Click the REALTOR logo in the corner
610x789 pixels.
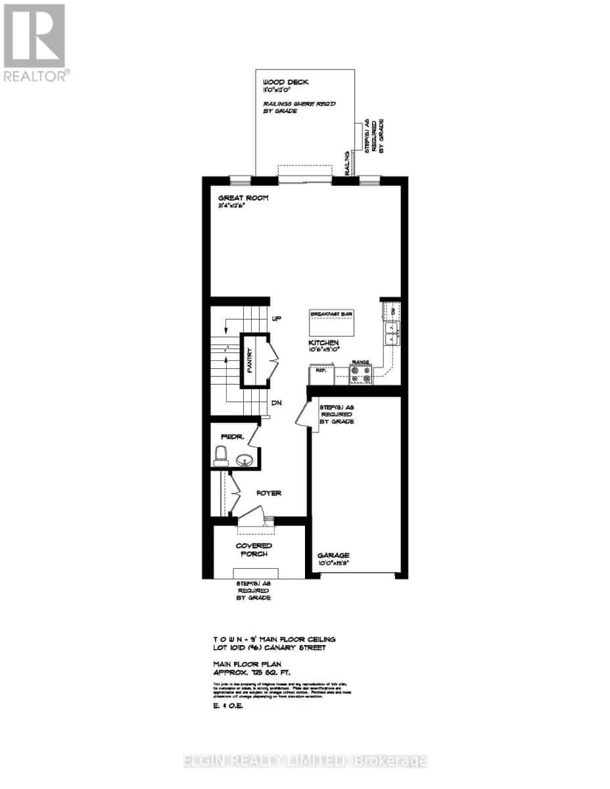[34, 43]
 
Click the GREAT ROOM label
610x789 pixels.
[243, 198]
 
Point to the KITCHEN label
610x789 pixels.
[324, 343]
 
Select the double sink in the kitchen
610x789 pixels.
[391, 333]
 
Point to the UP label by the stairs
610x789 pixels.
[277, 318]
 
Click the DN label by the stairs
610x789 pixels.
[277, 404]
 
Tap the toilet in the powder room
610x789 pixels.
[221, 455]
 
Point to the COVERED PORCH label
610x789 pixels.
[254, 550]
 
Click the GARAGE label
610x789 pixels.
[335, 556]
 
